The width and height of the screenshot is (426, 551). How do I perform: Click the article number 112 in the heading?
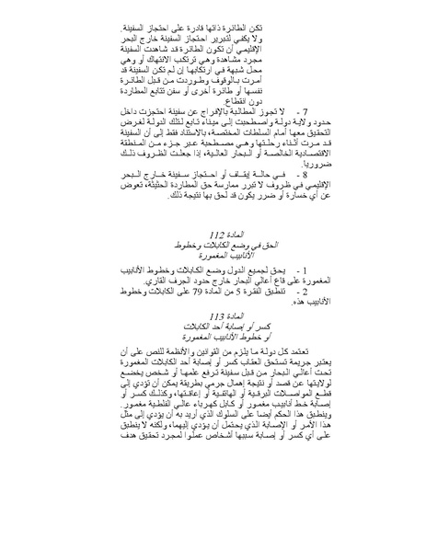[222, 262]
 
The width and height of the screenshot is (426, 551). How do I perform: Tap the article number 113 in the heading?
[222, 339]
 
